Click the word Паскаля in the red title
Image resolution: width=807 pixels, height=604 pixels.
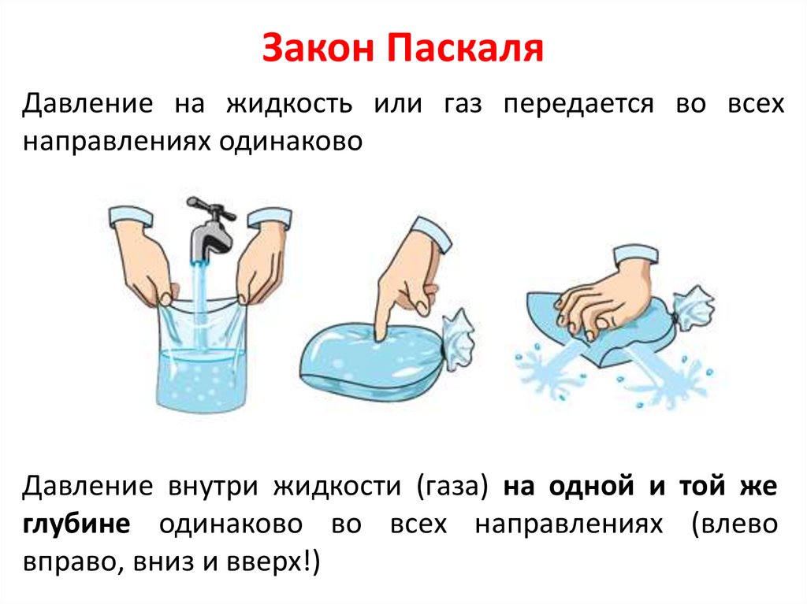(465, 48)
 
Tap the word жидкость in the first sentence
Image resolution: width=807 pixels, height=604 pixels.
(289, 103)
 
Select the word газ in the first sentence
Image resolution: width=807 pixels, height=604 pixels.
(463, 105)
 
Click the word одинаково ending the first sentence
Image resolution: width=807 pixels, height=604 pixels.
(291, 142)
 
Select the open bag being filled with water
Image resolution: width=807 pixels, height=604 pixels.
(202, 354)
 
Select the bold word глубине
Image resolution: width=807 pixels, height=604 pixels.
(76, 525)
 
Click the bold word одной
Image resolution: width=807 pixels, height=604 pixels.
(591, 487)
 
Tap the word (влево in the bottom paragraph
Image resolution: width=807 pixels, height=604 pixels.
(735, 524)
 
